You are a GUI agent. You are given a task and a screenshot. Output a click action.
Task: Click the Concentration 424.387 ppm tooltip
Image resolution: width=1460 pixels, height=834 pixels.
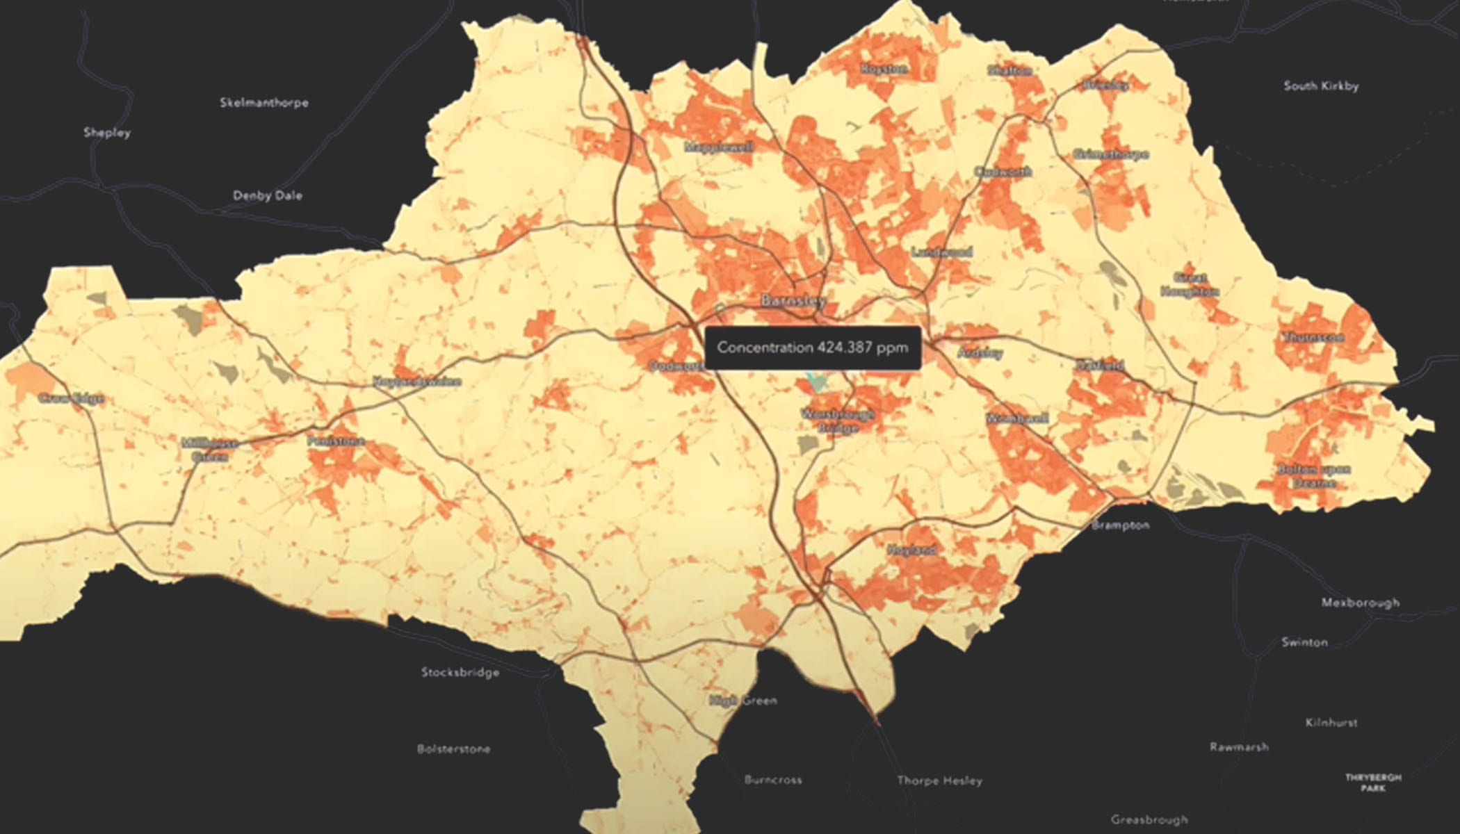812,347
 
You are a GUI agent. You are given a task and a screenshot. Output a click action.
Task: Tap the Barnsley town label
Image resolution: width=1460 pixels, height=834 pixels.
793,301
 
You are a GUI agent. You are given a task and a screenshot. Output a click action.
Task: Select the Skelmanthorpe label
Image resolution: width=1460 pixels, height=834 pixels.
264,103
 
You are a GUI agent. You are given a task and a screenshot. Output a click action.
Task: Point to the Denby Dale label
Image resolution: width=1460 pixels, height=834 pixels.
268,196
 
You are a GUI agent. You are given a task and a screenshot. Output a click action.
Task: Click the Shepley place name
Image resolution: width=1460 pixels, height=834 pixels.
107,133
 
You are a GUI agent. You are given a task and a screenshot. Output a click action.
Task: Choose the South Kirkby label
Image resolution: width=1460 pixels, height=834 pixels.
1321,86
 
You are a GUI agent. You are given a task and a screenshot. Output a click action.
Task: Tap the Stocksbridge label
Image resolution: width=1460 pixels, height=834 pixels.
460,673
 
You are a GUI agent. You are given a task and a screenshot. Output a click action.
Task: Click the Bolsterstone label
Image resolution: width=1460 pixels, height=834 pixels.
453,749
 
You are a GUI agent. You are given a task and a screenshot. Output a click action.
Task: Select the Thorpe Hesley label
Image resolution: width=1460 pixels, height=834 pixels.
939,781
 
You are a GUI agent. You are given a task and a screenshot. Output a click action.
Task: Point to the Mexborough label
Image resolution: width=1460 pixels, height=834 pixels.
1361,603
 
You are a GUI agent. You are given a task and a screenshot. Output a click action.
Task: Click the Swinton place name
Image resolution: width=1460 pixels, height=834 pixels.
1304,643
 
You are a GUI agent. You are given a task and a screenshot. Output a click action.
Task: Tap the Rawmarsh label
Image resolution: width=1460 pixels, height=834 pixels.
1239,748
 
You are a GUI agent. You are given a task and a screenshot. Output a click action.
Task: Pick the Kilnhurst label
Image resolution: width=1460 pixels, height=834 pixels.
1331,723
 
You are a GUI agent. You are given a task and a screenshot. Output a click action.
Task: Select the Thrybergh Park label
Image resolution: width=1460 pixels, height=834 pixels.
1373,783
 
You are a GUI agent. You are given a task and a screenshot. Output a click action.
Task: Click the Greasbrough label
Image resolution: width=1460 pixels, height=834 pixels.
1149,820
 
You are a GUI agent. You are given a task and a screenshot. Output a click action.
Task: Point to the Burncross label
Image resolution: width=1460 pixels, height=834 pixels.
773,780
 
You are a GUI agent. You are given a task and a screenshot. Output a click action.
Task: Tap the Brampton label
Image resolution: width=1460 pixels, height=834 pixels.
1120,525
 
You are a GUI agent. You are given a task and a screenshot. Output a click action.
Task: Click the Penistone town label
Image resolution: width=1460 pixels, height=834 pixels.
336,441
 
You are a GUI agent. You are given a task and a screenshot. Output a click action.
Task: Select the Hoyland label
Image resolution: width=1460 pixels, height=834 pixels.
912,550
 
